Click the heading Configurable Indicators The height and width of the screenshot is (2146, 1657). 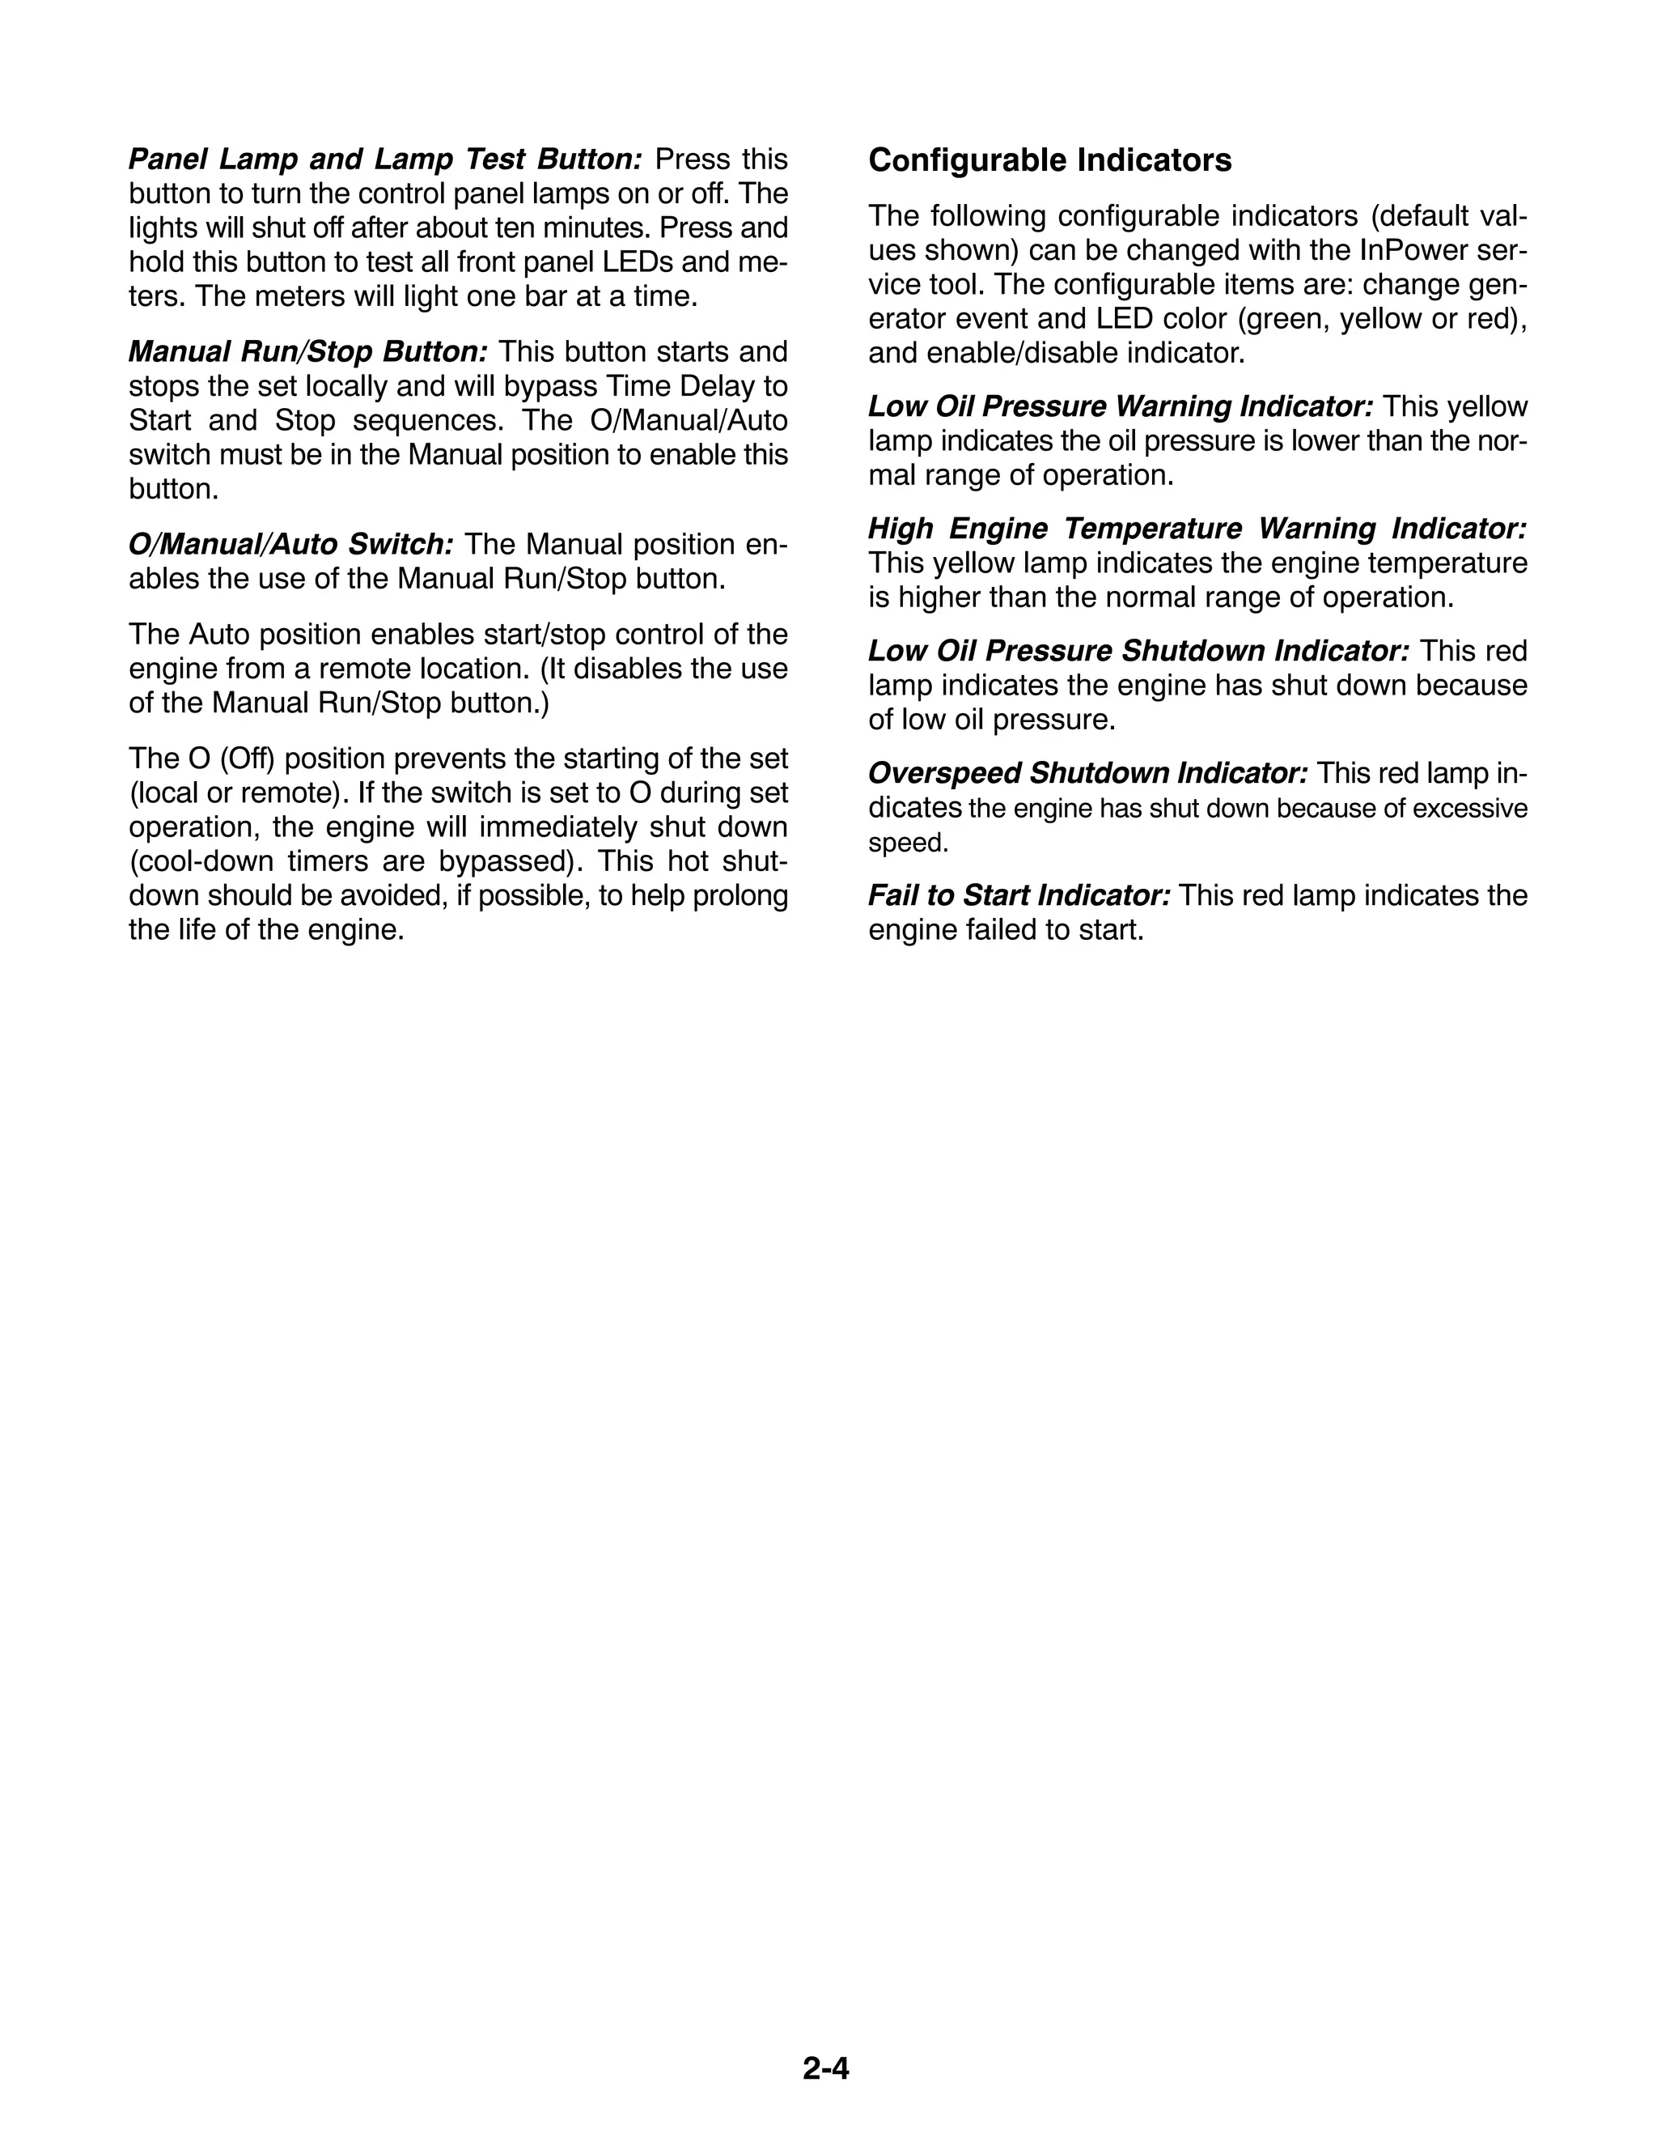click(1049, 160)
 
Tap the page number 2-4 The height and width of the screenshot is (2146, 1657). click(826, 2068)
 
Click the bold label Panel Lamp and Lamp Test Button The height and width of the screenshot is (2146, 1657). click(386, 159)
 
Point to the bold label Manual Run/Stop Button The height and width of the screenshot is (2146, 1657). click(307, 352)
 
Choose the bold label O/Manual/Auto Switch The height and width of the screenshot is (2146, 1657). click(290, 544)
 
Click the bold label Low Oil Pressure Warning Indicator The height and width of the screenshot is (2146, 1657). click(1121, 407)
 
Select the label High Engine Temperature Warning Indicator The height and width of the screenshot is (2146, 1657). click(1197, 529)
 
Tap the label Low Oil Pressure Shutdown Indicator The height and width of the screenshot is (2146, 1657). click(1138, 652)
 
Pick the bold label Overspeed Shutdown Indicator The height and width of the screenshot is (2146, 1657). click(1087, 773)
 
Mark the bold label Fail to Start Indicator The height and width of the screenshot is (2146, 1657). click(1019, 896)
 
